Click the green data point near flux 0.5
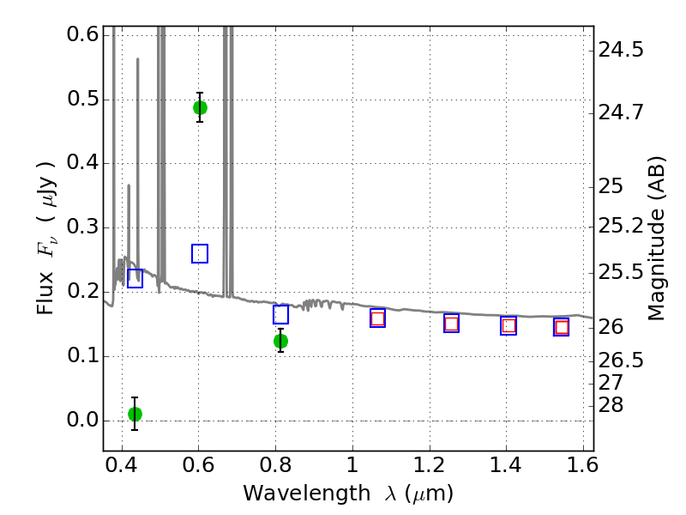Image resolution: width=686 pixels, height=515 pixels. click(200, 107)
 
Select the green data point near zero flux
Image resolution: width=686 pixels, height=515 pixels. click(135, 414)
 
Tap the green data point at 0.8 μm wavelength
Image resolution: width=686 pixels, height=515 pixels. click(280, 341)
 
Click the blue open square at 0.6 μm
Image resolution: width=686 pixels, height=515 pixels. click(200, 253)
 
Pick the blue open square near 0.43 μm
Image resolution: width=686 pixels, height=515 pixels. click(135, 278)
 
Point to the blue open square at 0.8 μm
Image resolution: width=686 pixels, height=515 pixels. click(280, 314)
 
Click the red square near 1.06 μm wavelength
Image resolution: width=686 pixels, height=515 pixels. click(377, 318)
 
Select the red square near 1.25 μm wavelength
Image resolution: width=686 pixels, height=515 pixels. click(452, 324)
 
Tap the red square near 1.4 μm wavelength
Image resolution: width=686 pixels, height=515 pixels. click(508, 326)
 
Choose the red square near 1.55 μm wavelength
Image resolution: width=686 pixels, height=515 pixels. click(562, 327)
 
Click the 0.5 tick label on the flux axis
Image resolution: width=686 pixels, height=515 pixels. click(82, 99)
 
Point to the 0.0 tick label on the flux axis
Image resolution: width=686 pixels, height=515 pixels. click(82, 420)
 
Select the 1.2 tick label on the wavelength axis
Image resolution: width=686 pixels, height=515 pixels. click(430, 465)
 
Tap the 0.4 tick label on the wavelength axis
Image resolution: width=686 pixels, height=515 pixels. click(122, 465)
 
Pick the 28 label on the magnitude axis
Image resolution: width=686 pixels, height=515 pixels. click(611, 405)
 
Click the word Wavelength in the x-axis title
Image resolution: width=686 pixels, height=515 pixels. click(307, 494)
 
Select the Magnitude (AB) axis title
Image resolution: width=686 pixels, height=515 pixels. click(656, 239)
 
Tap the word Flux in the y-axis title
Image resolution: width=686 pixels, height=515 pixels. click(45, 293)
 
